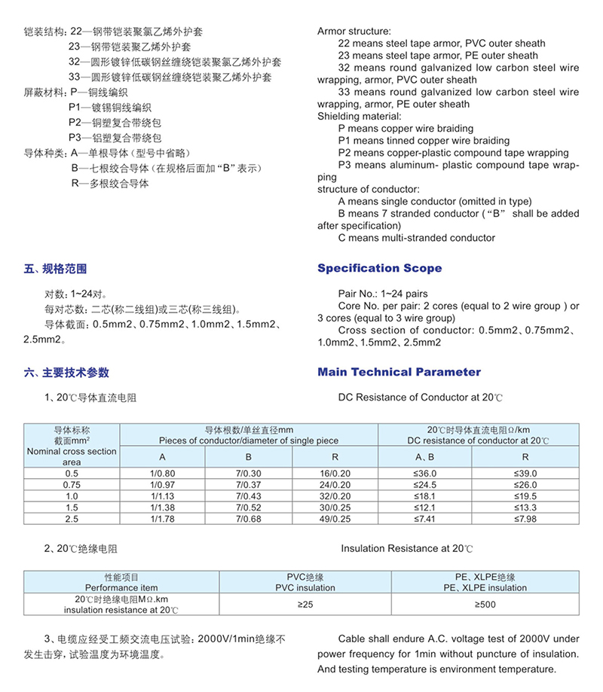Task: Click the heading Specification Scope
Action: tap(379, 269)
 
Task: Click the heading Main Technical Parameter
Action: tap(399, 372)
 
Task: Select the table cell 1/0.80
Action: tap(162, 473)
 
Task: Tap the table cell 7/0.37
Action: tap(249, 484)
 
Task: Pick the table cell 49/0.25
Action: tap(335, 519)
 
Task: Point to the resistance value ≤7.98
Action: tap(525, 519)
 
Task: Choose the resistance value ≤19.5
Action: tap(525, 496)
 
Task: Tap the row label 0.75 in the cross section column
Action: tap(72, 484)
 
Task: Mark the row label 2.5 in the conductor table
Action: tap(72, 519)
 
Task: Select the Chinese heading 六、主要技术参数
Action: tap(66, 373)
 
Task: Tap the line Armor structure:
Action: tap(354, 32)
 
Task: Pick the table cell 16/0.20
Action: tap(335, 473)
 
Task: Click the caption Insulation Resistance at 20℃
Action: tap(406, 550)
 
